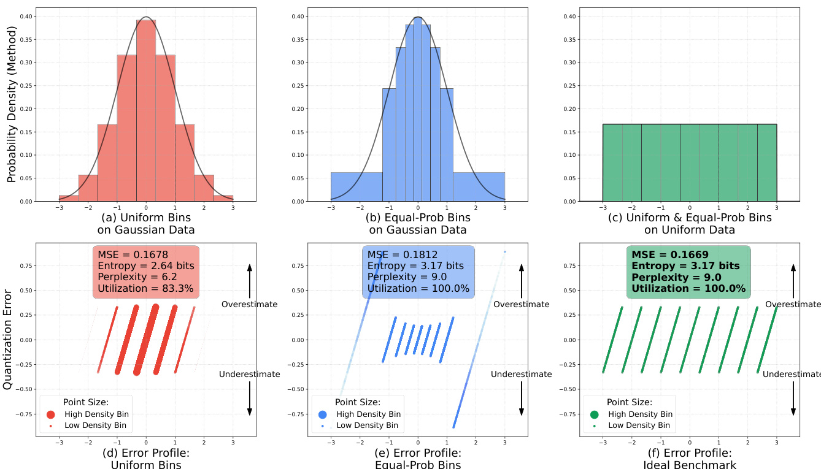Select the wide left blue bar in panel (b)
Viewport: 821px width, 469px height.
pyautogui.click(x=356, y=186)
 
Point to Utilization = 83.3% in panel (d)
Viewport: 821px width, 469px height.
pyautogui.click(x=146, y=288)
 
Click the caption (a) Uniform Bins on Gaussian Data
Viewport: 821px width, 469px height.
pyautogui.click(x=145, y=224)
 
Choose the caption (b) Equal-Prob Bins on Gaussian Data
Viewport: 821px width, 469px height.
pyautogui.click(x=418, y=224)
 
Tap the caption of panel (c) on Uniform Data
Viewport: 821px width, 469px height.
pyautogui.click(x=689, y=224)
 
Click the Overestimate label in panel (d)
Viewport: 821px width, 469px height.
pyautogui.click(x=249, y=305)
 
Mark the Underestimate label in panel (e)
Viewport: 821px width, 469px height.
pyautogui.click(x=521, y=375)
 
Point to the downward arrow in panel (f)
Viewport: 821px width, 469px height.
pyautogui.click(x=793, y=398)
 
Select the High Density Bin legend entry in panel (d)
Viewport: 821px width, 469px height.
pyautogui.click(x=99, y=414)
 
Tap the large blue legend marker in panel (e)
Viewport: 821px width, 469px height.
pyautogui.click(x=323, y=414)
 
